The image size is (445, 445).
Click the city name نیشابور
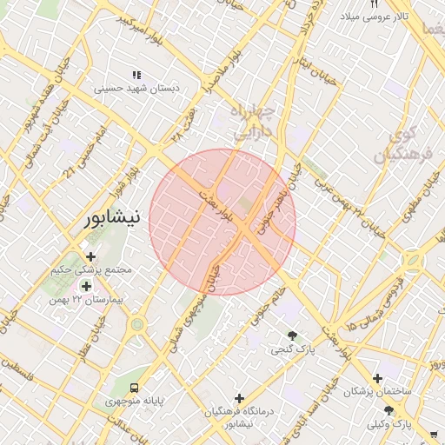pyautogui.click(x=110, y=219)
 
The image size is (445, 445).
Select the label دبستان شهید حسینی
pyautogui.click(x=135, y=88)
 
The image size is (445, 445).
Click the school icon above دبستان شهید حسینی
pyautogui.click(x=136, y=75)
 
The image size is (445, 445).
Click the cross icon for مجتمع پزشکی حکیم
pyautogui.click(x=91, y=256)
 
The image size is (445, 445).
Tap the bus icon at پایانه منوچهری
pyautogui.click(x=134, y=388)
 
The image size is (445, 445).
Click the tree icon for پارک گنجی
pyautogui.click(x=292, y=336)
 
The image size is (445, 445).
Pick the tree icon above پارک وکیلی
pyautogui.click(x=389, y=411)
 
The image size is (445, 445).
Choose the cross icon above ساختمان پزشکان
pyautogui.click(x=377, y=378)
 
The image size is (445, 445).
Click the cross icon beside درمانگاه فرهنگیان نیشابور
pyautogui.click(x=239, y=398)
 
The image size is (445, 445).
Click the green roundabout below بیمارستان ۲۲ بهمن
pyautogui.click(x=136, y=325)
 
